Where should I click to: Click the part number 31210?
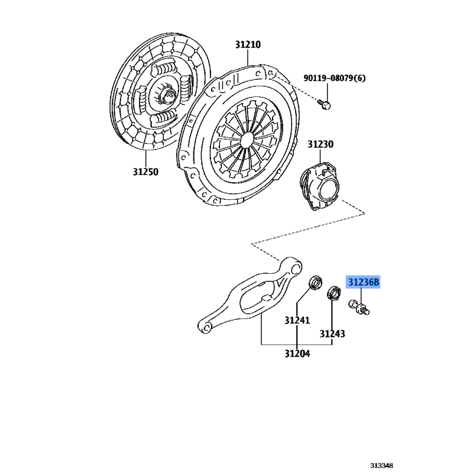click(x=248, y=45)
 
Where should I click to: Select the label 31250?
click(x=145, y=172)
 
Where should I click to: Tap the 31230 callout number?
click(x=320, y=144)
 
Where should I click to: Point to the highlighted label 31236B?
click(x=363, y=283)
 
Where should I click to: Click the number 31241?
click(x=297, y=320)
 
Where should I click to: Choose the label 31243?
click(x=332, y=334)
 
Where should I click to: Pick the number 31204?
click(x=297, y=354)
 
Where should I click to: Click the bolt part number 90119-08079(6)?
click(x=334, y=78)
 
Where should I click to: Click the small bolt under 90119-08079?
click(x=324, y=105)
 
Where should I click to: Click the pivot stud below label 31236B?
click(x=359, y=307)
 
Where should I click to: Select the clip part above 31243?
click(x=334, y=293)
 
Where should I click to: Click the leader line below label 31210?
click(x=248, y=58)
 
